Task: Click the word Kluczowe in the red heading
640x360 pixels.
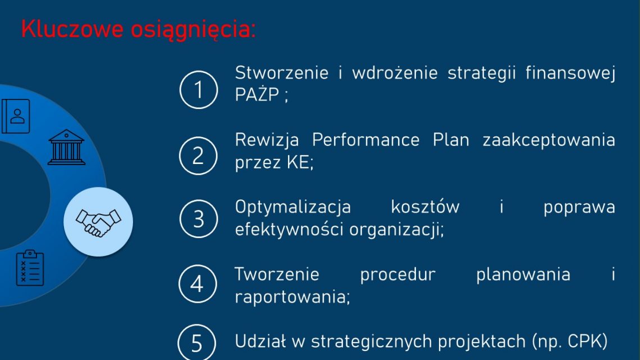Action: click(72, 29)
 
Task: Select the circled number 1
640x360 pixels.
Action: click(198, 90)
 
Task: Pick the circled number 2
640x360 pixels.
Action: click(198, 156)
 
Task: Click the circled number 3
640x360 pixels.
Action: click(198, 219)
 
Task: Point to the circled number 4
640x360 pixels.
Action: click(198, 284)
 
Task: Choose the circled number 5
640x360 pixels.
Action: click(196, 343)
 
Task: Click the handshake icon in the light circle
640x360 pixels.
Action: click(98, 222)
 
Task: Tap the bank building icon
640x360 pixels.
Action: click(67, 147)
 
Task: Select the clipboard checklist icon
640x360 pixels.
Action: click(30, 268)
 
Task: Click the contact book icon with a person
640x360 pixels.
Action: click(16, 116)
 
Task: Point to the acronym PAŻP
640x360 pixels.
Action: click(257, 95)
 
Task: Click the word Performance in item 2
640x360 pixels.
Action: click(365, 140)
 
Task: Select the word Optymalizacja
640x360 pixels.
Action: click(293, 207)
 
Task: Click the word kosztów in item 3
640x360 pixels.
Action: click(426, 207)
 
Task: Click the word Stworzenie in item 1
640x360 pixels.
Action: click(282, 72)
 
